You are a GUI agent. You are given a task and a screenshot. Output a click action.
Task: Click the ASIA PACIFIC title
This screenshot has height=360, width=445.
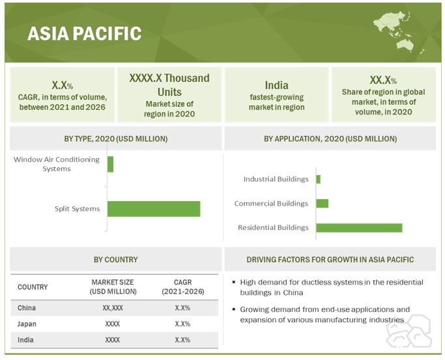[x=84, y=33]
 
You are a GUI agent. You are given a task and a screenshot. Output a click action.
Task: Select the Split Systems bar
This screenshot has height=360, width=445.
[x=154, y=209]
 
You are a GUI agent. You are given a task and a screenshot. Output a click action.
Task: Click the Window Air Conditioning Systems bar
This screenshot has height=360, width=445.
[x=110, y=164]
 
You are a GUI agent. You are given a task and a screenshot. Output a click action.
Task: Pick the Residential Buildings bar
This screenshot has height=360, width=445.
[x=359, y=228]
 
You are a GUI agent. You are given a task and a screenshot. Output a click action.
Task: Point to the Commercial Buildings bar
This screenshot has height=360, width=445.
[x=322, y=204]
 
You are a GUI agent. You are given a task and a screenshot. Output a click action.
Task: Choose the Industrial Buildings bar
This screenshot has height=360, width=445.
[x=319, y=179]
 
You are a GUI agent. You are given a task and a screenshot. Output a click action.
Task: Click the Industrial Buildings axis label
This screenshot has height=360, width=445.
[x=276, y=179]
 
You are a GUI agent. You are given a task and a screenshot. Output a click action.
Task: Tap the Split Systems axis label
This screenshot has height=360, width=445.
[x=77, y=209]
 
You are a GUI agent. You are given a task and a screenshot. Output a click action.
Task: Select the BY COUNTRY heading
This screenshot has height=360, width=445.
[x=116, y=260]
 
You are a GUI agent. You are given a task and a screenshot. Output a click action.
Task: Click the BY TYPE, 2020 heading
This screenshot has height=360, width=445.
[x=116, y=139]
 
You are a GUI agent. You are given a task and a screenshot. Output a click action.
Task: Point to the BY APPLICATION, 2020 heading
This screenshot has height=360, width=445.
[x=330, y=139]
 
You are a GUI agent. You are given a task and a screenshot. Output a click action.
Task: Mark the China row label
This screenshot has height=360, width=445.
[x=27, y=308]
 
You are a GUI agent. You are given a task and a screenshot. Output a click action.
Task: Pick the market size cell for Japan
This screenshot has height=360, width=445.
[x=112, y=324]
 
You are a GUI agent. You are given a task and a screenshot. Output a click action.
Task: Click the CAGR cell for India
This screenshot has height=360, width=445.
[x=182, y=340]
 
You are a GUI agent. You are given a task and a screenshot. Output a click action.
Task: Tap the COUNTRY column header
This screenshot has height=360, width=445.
[x=33, y=287]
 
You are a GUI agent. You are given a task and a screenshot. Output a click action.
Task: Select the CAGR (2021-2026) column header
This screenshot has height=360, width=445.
[x=183, y=287]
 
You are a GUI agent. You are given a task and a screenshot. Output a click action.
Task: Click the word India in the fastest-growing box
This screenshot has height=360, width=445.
[x=277, y=85]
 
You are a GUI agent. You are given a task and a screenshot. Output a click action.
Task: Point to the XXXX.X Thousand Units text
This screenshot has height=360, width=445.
[x=169, y=85]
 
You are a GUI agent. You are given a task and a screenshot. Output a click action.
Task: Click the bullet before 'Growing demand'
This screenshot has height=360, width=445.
[x=234, y=309]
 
